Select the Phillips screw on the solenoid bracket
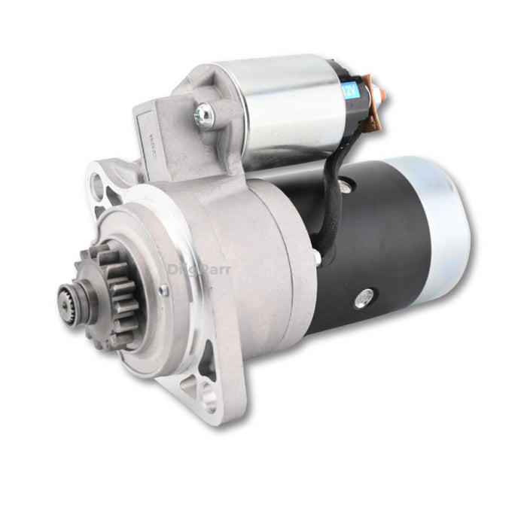click(203, 114)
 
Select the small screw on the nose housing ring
click(163, 290)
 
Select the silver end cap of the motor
click(444, 226)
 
